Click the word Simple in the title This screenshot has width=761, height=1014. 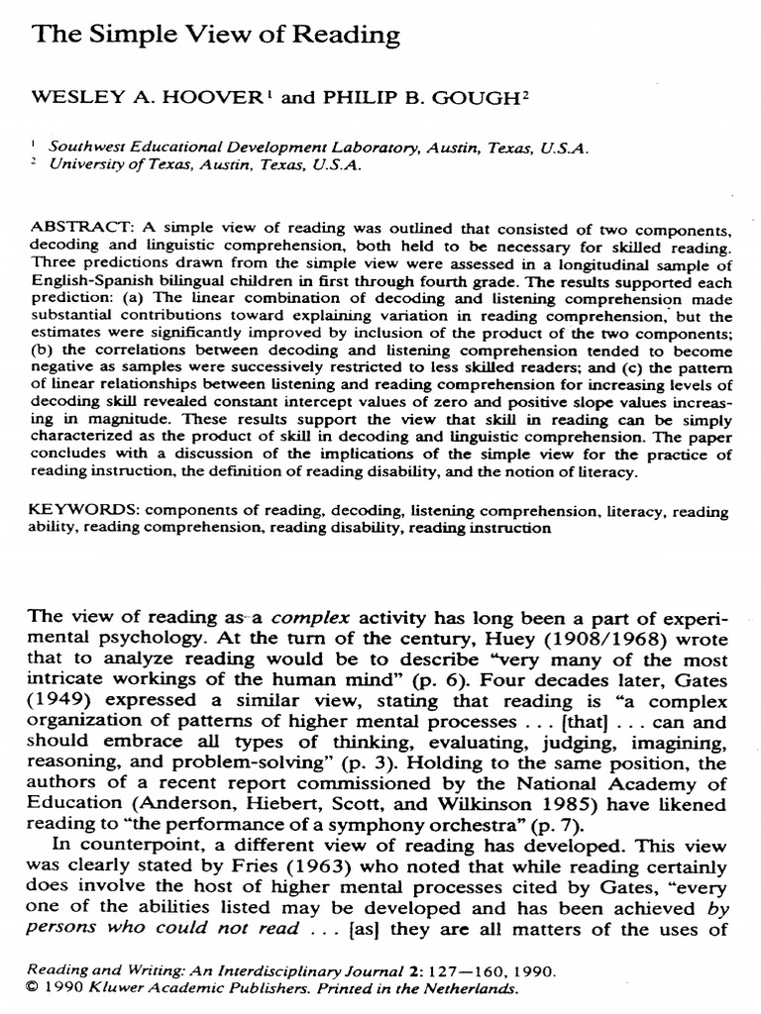(x=121, y=37)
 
